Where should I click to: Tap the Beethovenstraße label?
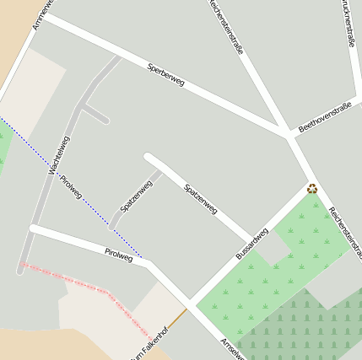(x=324, y=117)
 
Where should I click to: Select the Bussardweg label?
(x=251, y=242)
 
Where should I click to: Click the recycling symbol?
(x=312, y=189)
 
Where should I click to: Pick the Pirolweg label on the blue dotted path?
(x=71, y=187)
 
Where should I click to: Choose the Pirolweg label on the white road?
(x=118, y=253)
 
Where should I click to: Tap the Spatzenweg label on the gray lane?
(x=135, y=196)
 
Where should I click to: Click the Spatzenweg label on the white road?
(x=201, y=198)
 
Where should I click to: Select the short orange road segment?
(x=176, y=319)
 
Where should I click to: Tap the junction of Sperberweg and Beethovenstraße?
(x=287, y=135)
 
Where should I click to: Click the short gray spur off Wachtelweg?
(x=95, y=114)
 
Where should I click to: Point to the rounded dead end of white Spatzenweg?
(x=149, y=157)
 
